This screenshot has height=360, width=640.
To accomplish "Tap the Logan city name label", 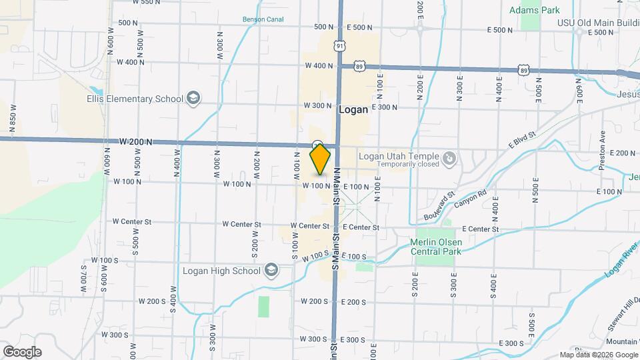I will (353, 111).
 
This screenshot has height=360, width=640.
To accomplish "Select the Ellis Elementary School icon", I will (193, 99).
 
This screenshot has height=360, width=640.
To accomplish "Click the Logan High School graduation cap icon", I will (271, 270).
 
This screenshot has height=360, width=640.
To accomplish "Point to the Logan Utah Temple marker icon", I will (450, 158).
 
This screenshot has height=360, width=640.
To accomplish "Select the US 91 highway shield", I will (341, 45).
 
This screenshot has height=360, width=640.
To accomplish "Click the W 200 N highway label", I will (137, 142).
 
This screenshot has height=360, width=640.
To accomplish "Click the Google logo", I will (22, 352).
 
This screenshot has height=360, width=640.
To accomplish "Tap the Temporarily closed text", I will (408, 164).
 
